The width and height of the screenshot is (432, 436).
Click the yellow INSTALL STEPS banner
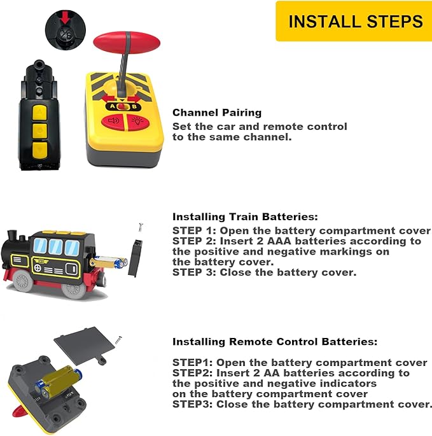354,21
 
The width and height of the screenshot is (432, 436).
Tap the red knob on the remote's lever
127,41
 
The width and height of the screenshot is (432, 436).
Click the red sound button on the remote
114,121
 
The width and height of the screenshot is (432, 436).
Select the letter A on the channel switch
113,106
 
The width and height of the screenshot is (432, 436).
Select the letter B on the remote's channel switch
134,106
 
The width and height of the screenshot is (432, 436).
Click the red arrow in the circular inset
65,18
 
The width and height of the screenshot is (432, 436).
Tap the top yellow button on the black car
39,113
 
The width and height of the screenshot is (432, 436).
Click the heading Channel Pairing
217,113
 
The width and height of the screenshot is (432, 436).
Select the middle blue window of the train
55,246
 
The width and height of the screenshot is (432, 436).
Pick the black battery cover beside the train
135,258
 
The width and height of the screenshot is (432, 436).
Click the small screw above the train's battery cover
141,227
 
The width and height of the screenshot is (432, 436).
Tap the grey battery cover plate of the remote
84,345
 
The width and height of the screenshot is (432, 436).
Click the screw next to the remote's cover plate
119,339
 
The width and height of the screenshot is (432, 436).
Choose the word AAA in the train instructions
279,241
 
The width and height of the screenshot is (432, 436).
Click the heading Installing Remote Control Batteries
275,342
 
